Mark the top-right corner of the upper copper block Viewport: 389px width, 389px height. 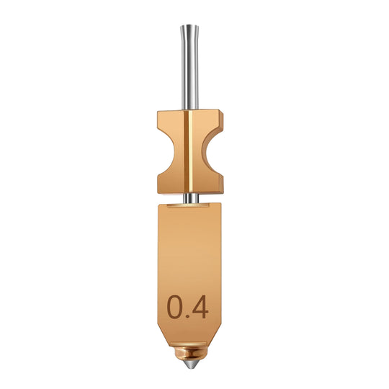(x=225, y=112)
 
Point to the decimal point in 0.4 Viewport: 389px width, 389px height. (x=189, y=316)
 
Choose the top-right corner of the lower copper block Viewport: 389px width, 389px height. (x=223, y=206)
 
